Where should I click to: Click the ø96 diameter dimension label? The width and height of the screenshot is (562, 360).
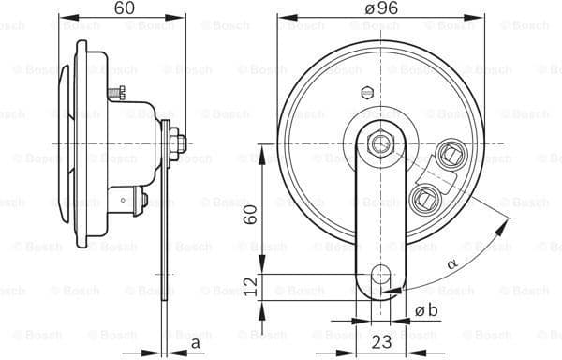click(x=379, y=7)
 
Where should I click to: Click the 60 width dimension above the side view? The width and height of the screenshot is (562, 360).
click(x=124, y=7)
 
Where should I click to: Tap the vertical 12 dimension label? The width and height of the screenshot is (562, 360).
click(x=250, y=283)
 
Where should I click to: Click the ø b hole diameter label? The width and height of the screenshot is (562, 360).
click(x=425, y=310)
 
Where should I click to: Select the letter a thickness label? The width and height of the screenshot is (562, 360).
click(x=196, y=343)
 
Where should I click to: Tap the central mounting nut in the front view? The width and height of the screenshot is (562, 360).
click(x=380, y=142)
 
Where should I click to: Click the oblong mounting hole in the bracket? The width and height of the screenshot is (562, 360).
click(x=380, y=277)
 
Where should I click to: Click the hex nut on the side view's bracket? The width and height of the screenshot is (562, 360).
click(x=177, y=143)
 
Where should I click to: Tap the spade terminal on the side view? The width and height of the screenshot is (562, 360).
click(x=131, y=199)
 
